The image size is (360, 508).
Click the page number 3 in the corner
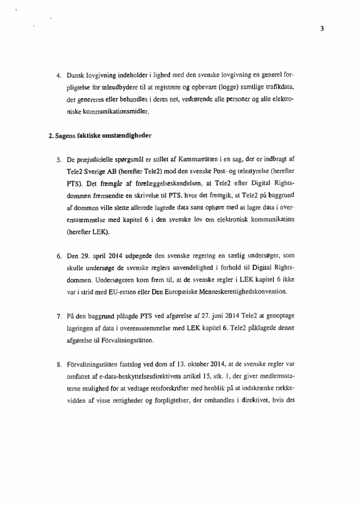[322, 29]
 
